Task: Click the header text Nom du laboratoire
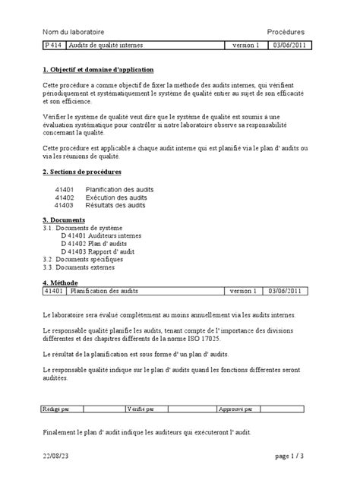(77, 32)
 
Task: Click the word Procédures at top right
(286, 32)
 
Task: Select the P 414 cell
(54, 46)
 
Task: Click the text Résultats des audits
(116, 205)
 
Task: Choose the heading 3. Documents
(64, 219)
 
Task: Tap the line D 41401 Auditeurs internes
(101, 235)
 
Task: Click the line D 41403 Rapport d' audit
(98, 251)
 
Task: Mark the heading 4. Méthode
(61, 283)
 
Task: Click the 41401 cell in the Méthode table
(55, 290)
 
